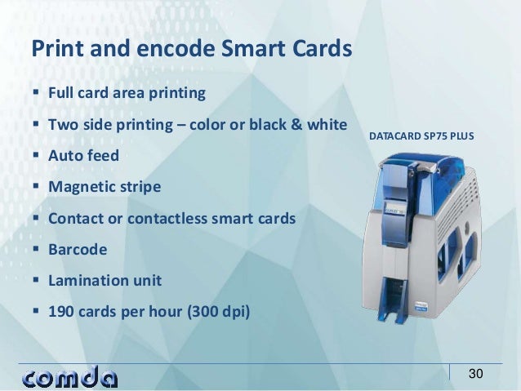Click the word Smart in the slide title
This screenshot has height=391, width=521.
coord(254,48)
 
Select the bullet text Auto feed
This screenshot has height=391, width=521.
coord(83,155)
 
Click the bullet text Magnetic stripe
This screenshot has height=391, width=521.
coord(105,187)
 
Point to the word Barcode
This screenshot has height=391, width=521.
coord(78,249)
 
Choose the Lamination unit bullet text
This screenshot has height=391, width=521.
coord(105,280)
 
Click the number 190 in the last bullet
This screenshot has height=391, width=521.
coord(61,311)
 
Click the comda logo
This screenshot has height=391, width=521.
coord(70,377)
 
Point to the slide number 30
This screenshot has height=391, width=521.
coord(476,374)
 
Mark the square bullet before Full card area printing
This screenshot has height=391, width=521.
coord(37,93)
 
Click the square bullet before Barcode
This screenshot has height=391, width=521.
coord(37,249)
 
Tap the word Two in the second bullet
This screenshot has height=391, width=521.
coord(63,125)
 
